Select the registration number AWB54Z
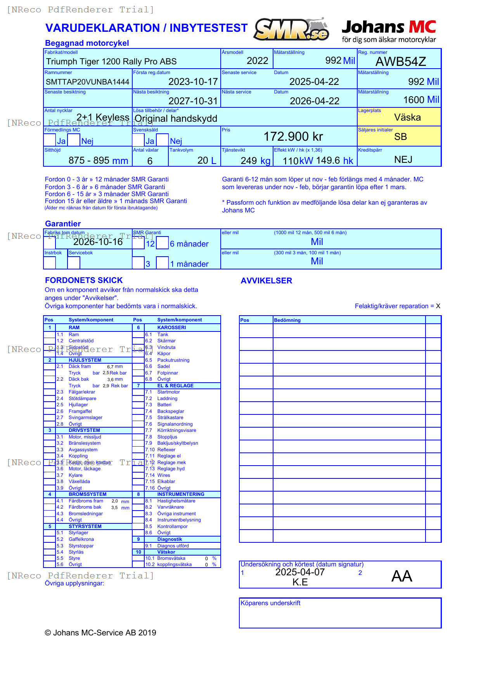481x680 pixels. tap(401, 62)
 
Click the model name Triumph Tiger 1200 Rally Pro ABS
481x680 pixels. tap(111, 62)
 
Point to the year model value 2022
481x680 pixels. tap(257, 61)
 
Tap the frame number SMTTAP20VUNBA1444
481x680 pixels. tap(87, 82)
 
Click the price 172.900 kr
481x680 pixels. tap(293, 136)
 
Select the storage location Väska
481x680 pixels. tap(407, 117)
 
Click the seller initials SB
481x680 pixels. tap(400, 137)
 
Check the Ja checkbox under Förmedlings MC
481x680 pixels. tap(50, 140)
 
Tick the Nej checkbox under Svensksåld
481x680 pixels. tap(163, 140)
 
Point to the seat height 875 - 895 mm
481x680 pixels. tap(98, 161)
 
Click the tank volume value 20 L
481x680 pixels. tap(207, 161)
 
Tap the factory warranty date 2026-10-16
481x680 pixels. tap(98, 242)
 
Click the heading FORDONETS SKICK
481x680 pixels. tap(84, 280)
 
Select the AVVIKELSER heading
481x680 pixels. tap(266, 281)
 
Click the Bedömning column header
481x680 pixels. tap(287, 320)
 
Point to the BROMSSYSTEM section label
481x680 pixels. tap(87, 494)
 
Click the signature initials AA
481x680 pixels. tap(401, 576)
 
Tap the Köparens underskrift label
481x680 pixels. tap(270, 603)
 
